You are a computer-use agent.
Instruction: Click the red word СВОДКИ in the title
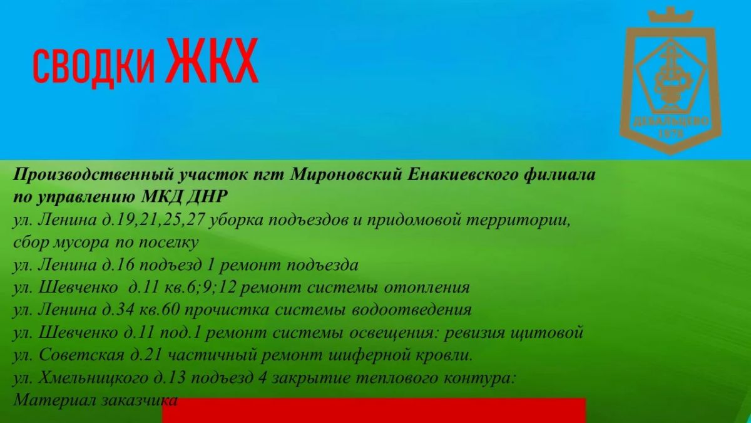click(95, 66)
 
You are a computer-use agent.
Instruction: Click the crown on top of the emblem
click(670, 15)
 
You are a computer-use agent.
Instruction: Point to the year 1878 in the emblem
click(671, 133)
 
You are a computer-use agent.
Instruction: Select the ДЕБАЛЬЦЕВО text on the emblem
click(671, 121)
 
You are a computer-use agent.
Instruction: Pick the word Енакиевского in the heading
click(462, 175)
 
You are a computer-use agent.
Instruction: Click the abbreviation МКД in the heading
click(161, 196)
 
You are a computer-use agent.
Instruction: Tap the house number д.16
click(118, 265)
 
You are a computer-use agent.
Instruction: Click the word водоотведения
click(411, 310)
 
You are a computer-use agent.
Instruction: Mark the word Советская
click(81, 355)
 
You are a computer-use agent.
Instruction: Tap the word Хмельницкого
click(93, 379)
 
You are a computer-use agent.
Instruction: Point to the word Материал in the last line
click(54, 400)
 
